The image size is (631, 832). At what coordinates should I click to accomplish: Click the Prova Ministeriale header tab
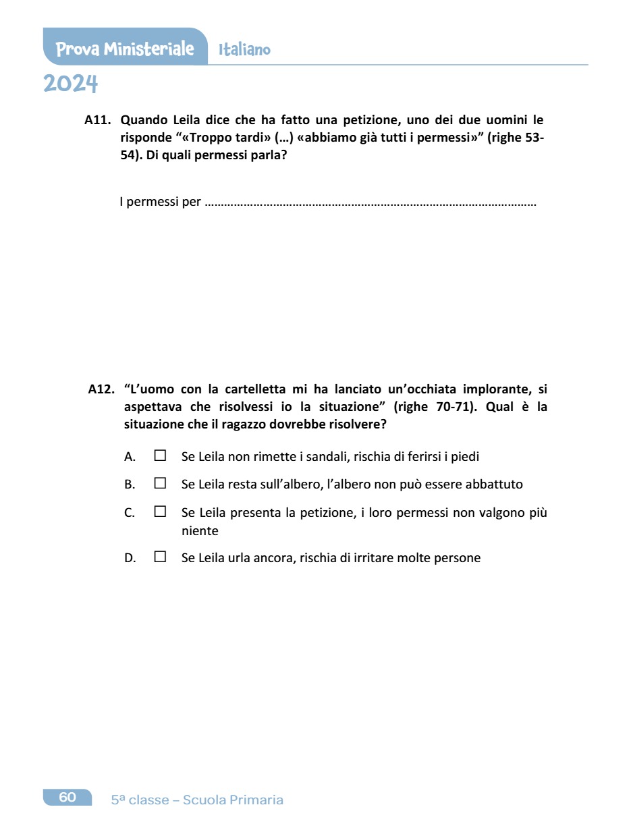(125, 49)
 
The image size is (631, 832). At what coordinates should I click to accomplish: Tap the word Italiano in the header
(244, 50)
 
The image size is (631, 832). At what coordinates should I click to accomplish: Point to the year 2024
(71, 84)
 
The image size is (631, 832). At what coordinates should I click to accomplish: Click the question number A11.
(97, 120)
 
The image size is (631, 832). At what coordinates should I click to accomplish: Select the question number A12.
(101, 389)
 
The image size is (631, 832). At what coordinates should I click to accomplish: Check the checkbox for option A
(160, 455)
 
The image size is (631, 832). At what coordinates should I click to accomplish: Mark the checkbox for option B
(160, 483)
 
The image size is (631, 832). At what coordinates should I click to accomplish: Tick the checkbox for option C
(160, 511)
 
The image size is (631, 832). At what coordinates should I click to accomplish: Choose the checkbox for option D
(160, 557)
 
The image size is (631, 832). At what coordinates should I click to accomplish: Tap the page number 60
(67, 798)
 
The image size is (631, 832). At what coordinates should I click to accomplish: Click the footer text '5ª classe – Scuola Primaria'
(197, 800)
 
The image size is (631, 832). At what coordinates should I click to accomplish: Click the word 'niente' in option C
(200, 531)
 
